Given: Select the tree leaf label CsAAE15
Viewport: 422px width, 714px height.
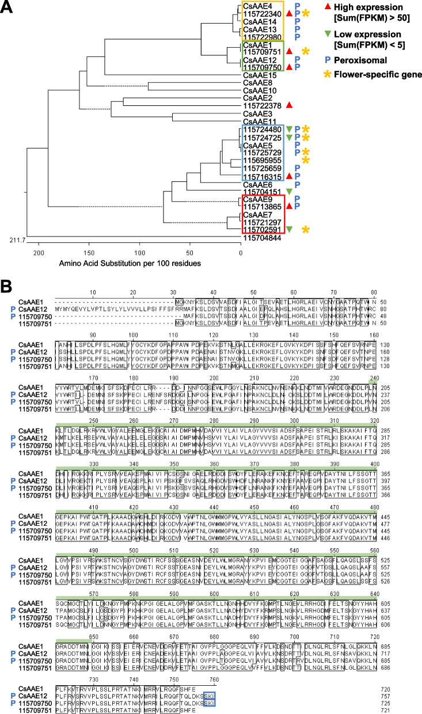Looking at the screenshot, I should click(x=258, y=75).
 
